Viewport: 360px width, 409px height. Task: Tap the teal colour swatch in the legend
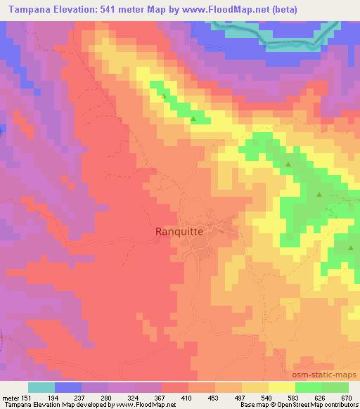[41, 387]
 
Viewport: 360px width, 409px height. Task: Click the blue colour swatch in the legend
[67, 387]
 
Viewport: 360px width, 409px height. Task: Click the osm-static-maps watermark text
[330, 375]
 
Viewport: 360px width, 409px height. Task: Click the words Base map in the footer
[252, 404]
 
